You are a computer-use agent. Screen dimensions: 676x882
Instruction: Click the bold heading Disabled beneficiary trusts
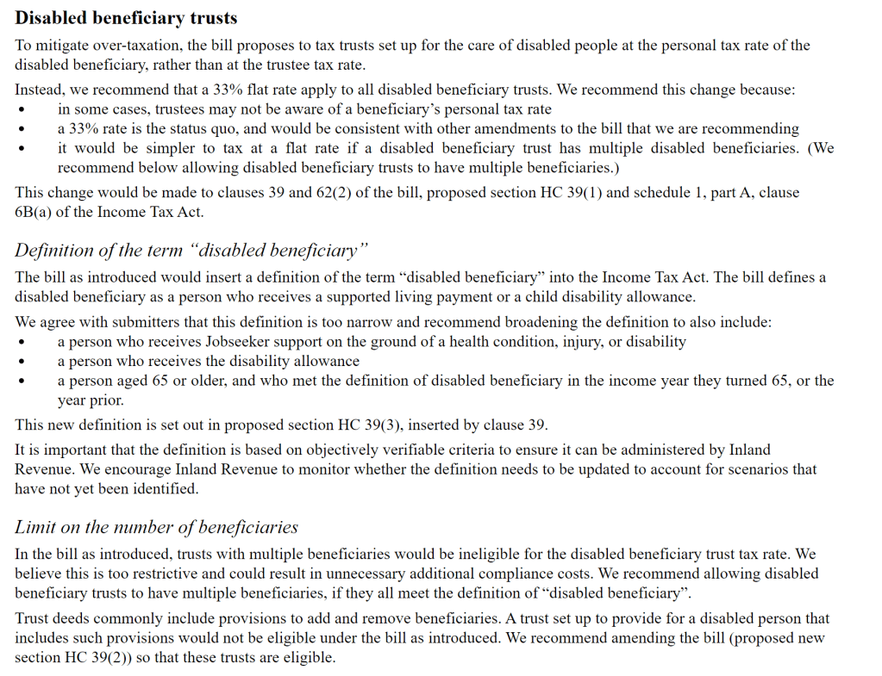[x=126, y=17]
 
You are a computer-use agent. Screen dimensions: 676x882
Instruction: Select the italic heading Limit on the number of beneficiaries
[x=156, y=527]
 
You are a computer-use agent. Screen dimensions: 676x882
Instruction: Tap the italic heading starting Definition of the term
[x=191, y=251]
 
